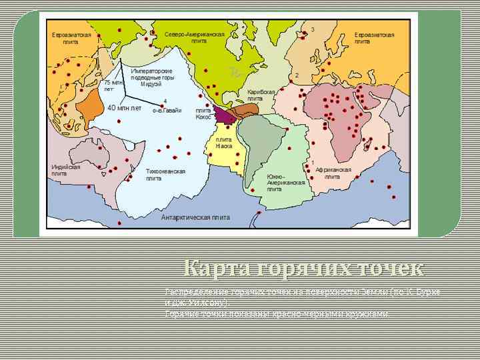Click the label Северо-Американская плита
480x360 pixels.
(x=194, y=37)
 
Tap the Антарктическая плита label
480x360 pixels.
(x=195, y=217)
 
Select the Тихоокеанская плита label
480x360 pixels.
(x=165, y=175)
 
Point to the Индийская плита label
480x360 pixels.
(x=66, y=170)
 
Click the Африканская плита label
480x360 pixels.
(x=333, y=173)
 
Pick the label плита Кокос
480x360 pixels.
(x=203, y=113)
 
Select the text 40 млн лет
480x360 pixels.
(x=124, y=107)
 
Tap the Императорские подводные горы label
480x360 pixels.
(x=151, y=77)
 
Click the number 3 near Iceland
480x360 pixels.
(x=313, y=29)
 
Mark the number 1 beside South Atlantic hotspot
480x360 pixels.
(x=313, y=163)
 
